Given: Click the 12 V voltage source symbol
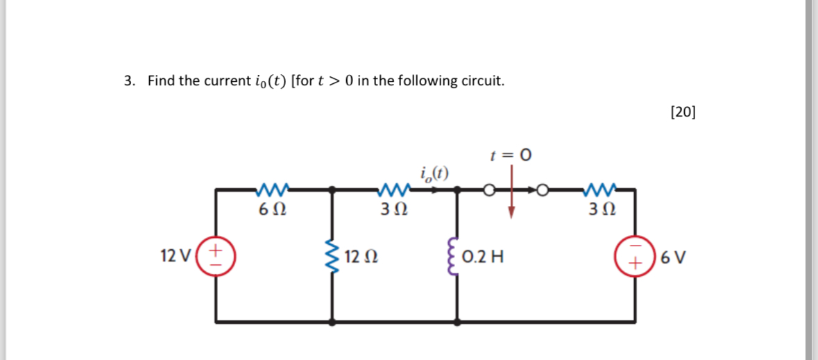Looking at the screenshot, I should click(x=216, y=254).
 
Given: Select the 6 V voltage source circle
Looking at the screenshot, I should click(x=635, y=256).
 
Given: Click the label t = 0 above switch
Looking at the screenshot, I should click(x=511, y=155).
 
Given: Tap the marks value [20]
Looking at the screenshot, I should click(x=683, y=112).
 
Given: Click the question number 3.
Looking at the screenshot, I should click(x=128, y=81).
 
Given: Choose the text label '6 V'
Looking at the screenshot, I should click(x=674, y=257).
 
